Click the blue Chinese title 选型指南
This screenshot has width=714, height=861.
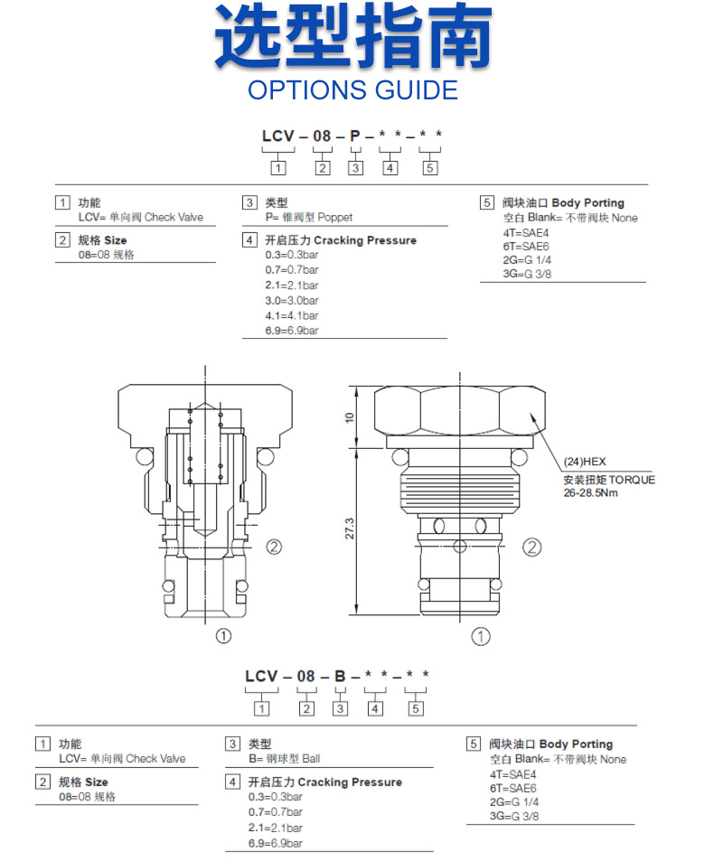[x=353, y=38]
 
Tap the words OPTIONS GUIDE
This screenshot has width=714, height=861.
[x=353, y=90]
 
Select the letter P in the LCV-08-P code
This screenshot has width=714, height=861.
[x=355, y=136]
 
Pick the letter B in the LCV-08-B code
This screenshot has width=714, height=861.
[x=340, y=676]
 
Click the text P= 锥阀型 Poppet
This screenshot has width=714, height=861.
[x=308, y=217]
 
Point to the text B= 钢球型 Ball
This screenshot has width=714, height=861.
[x=284, y=759]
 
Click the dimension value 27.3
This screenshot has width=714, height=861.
[x=350, y=529]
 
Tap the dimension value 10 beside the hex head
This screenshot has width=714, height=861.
[x=350, y=416]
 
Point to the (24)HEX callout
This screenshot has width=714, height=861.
[x=585, y=461]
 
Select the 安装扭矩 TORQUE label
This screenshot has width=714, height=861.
[x=608, y=479]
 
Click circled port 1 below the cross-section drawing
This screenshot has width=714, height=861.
[x=222, y=636]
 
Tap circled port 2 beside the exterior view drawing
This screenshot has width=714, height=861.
[x=532, y=547]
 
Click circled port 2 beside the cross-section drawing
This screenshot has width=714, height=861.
[x=275, y=547]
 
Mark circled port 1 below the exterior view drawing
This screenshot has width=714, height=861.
[x=482, y=637]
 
